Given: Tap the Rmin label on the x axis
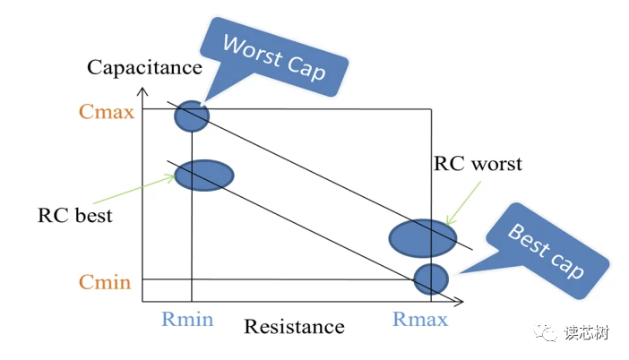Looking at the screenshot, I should tap(187, 319).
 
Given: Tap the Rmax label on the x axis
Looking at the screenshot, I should tap(420, 320).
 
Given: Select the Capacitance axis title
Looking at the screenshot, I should tap(145, 67).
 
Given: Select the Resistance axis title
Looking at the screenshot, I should tap(294, 326).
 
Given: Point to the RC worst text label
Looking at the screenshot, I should tap(478, 164).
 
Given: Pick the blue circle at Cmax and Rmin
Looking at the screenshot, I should tap(192, 116).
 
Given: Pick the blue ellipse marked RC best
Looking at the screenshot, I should tap(203, 174).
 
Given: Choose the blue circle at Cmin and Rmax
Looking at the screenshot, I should tap(431, 279).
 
